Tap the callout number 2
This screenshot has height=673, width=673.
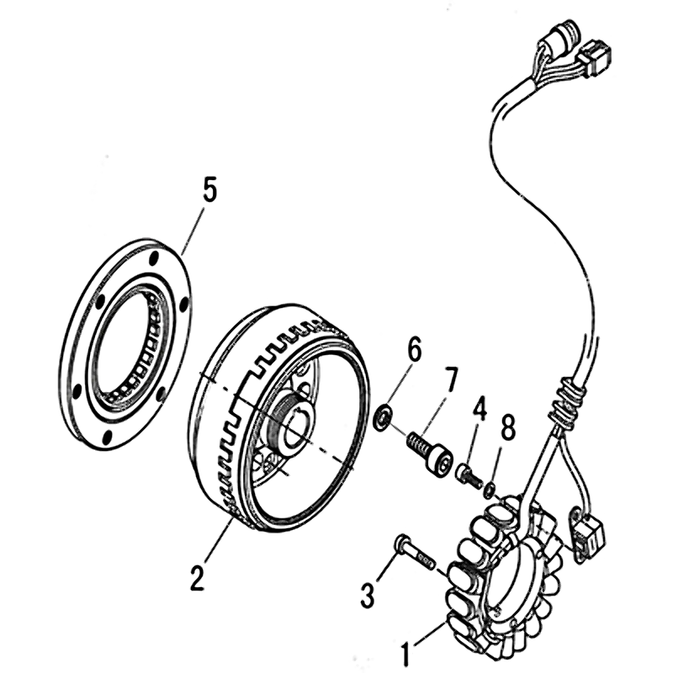click(197, 578)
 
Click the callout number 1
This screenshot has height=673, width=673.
click(407, 650)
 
